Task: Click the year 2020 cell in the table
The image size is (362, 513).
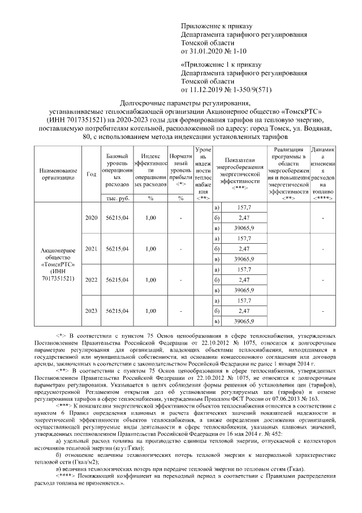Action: tap(91, 217)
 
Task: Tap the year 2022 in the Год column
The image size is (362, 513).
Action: tap(91, 279)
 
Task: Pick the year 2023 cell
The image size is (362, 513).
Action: tap(91, 311)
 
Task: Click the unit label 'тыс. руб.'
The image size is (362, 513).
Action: tap(118, 198)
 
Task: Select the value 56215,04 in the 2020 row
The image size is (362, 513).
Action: tap(118, 217)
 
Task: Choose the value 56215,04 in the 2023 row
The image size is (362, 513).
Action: tap(118, 311)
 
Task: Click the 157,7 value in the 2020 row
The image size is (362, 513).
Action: tap(245, 207)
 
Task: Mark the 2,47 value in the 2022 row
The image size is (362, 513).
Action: tap(244, 279)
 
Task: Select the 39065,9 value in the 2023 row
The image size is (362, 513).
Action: tap(244, 321)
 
